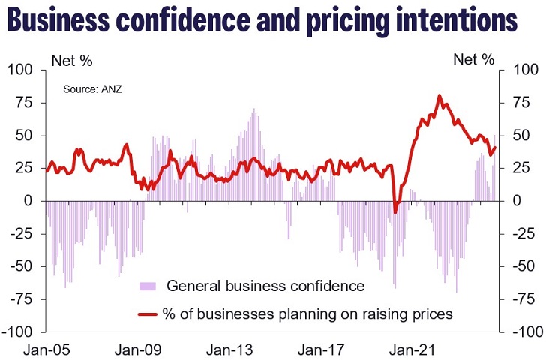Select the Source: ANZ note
tap(91, 89)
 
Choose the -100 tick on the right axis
tap(525, 331)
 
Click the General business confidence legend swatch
tap(148, 286)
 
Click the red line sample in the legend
tap(148, 314)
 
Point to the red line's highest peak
tap(439, 96)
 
